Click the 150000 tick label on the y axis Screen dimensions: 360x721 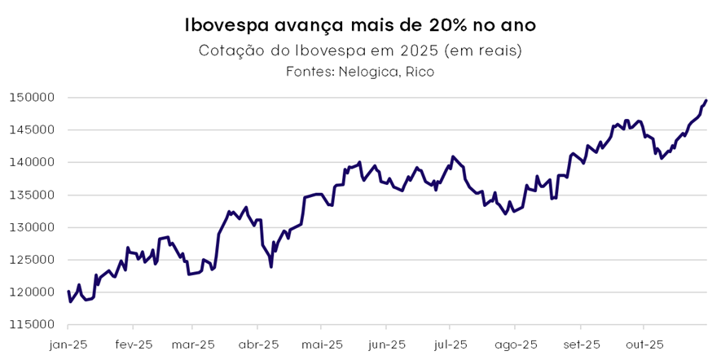[x=33, y=98]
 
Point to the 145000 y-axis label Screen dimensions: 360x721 [x=33, y=130]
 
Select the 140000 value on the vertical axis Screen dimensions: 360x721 [x=33, y=162]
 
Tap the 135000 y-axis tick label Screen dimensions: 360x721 [x=33, y=195]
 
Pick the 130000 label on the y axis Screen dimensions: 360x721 [x=33, y=227]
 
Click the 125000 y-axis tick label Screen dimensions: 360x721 [x=33, y=260]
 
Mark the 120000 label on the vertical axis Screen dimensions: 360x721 [x=33, y=292]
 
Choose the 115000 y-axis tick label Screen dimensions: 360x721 [x=33, y=324]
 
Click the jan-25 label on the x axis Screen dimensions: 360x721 [x=68, y=345]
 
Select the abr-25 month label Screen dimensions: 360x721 [x=258, y=345]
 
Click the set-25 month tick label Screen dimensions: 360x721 [x=580, y=345]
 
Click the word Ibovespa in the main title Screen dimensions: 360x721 [x=231, y=25]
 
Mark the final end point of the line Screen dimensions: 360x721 [x=706, y=100]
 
